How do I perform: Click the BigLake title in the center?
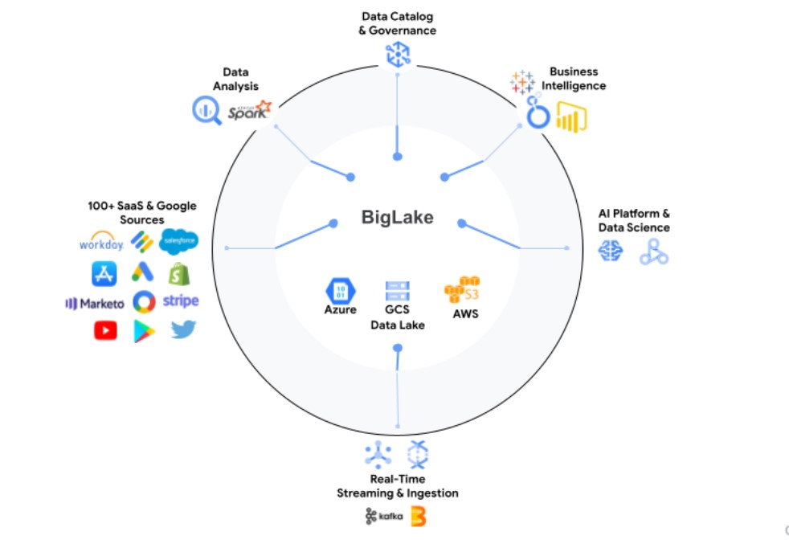tap(397, 217)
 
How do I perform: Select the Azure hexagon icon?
tap(341, 290)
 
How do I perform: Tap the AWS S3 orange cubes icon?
tap(464, 291)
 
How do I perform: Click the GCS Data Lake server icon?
tap(397, 291)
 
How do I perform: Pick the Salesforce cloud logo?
tap(178, 241)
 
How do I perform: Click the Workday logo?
tap(101, 242)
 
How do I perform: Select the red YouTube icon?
tap(105, 330)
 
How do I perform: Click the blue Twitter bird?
tap(183, 329)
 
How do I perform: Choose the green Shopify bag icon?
tap(180, 274)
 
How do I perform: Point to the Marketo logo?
tap(95, 303)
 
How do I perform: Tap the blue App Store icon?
tap(105, 274)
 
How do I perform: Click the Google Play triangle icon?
tap(144, 330)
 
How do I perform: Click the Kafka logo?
tap(382, 517)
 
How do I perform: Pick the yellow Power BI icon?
tap(572, 117)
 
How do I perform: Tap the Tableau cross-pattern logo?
tap(522, 82)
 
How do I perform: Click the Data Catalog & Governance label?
tap(397, 23)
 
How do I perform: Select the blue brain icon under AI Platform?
tap(611, 252)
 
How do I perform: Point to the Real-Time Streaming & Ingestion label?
tap(397, 486)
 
